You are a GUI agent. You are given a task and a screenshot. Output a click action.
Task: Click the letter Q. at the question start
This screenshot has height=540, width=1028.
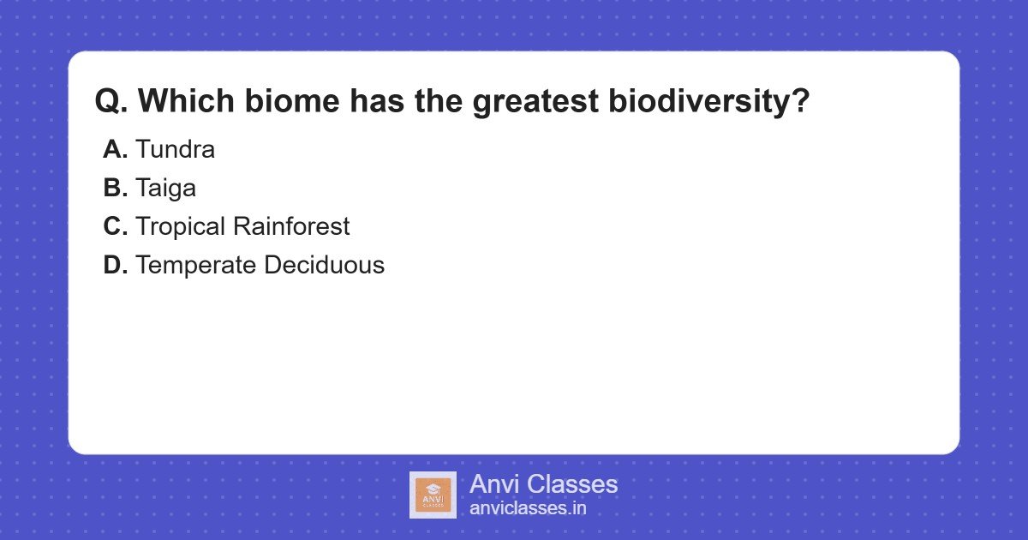[x=111, y=102]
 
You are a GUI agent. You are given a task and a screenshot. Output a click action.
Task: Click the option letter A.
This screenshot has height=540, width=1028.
[x=115, y=150]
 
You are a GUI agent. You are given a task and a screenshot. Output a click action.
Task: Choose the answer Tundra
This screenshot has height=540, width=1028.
[x=175, y=150]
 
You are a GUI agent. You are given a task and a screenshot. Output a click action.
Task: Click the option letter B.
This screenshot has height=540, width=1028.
[x=115, y=189]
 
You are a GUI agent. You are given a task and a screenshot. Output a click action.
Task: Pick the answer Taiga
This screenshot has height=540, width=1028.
[x=165, y=189]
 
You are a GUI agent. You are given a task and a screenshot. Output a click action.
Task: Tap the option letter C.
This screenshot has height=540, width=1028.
[x=115, y=227]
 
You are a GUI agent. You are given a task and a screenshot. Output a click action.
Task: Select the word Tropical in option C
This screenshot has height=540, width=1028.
[x=183, y=228]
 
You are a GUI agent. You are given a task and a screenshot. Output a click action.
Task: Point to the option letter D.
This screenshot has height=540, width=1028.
[x=115, y=266]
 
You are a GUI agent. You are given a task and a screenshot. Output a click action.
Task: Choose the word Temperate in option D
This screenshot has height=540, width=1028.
[x=196, y=267]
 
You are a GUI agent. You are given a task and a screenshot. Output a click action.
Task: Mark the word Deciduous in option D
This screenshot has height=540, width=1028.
[x=325, y=266]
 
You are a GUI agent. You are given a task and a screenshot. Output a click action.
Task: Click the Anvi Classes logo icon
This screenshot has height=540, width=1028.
[x=433, y=495]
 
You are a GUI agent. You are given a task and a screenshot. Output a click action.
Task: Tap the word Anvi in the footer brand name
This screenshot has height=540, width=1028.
[x=494, y=484]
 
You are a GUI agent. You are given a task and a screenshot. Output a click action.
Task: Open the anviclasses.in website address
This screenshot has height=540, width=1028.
[x=528, y=508]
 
